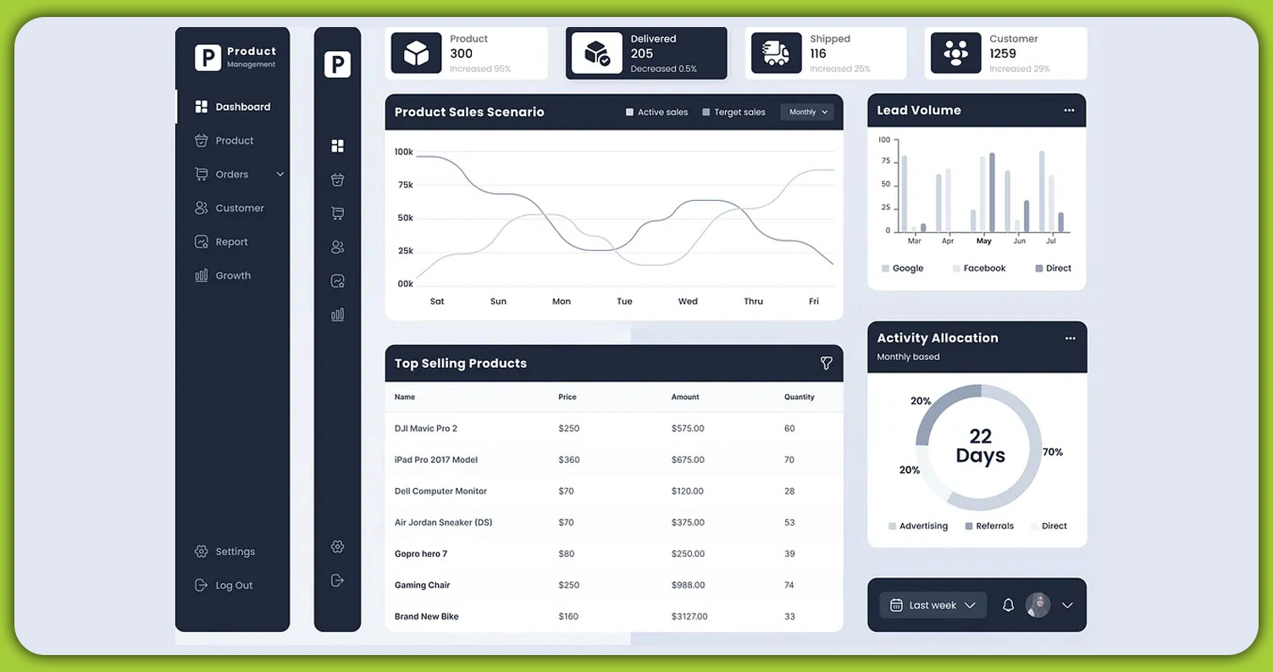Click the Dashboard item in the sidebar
[233, 107]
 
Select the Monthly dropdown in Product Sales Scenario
[807, 112]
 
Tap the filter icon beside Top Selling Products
[826, 364]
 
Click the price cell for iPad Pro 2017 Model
[569, 460]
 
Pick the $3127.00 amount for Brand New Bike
[689, 617]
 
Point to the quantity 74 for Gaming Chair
[789, 586]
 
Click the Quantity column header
[799, 397]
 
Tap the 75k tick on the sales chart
[405, 185]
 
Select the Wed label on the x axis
[688, 302]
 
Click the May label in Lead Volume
[983, 242]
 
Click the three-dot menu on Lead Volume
[1069, 111]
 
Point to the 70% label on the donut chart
[1053, 453]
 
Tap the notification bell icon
[1008, 605]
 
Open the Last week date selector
[933, 605]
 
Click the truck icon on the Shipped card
[776, 53]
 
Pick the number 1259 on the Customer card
[1003, 53]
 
